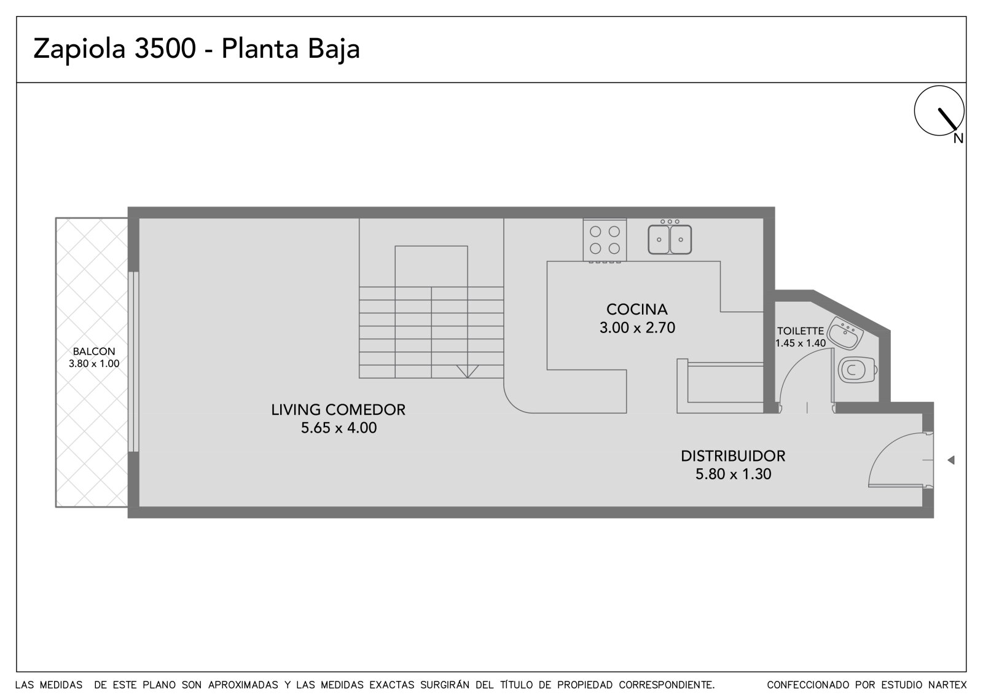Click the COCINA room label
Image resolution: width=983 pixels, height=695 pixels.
[x=636, y=310]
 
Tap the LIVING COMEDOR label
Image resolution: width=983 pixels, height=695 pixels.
[x=338, y=410]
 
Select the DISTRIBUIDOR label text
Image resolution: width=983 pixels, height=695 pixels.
[x=733, y=456]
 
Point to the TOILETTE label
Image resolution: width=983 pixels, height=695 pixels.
[x=801, y=331]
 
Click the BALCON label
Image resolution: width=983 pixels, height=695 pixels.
[x=94, y=351]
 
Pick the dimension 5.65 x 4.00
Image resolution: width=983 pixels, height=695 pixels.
[x=339, y=428]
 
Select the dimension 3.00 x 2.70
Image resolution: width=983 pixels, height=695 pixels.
[x=636, y=328]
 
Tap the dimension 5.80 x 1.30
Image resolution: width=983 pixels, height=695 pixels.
[x=733, y=474]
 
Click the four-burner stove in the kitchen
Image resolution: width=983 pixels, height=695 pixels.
[x=605, y=241]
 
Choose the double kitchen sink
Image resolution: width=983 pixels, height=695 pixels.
[x=670, y=239]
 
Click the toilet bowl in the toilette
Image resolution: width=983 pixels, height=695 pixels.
[x=857, y=370]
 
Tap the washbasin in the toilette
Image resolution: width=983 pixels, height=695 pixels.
[x=845, y=334]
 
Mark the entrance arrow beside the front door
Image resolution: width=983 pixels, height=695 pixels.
[x=951, y=460]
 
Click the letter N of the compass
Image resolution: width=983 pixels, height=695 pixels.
[x=958, y=139]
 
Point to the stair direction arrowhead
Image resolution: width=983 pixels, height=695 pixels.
[x=468, y=371]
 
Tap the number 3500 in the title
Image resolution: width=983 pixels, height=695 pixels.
[x=165, y=49]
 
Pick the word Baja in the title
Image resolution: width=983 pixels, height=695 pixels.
[x=334, y=49]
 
